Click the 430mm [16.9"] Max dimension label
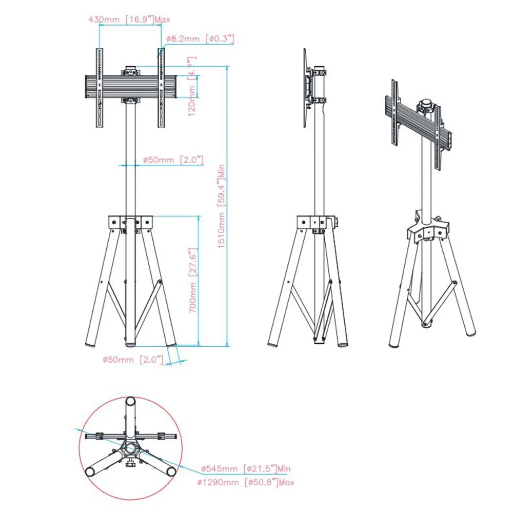[x=129, y=19]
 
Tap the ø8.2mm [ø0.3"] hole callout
[x=200, y=38]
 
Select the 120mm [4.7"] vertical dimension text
[x=192, y=86]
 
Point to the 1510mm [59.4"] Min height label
[x=222, y=206]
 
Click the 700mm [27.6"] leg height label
[x=193, y=280]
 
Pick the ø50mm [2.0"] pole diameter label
[x=173, y=160]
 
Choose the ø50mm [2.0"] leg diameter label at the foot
[x=133, y=360]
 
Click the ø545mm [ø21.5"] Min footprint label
[x=246, y=468]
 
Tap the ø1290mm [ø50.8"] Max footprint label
[x=246, y=482]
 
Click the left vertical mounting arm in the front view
[x=100, y=88]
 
